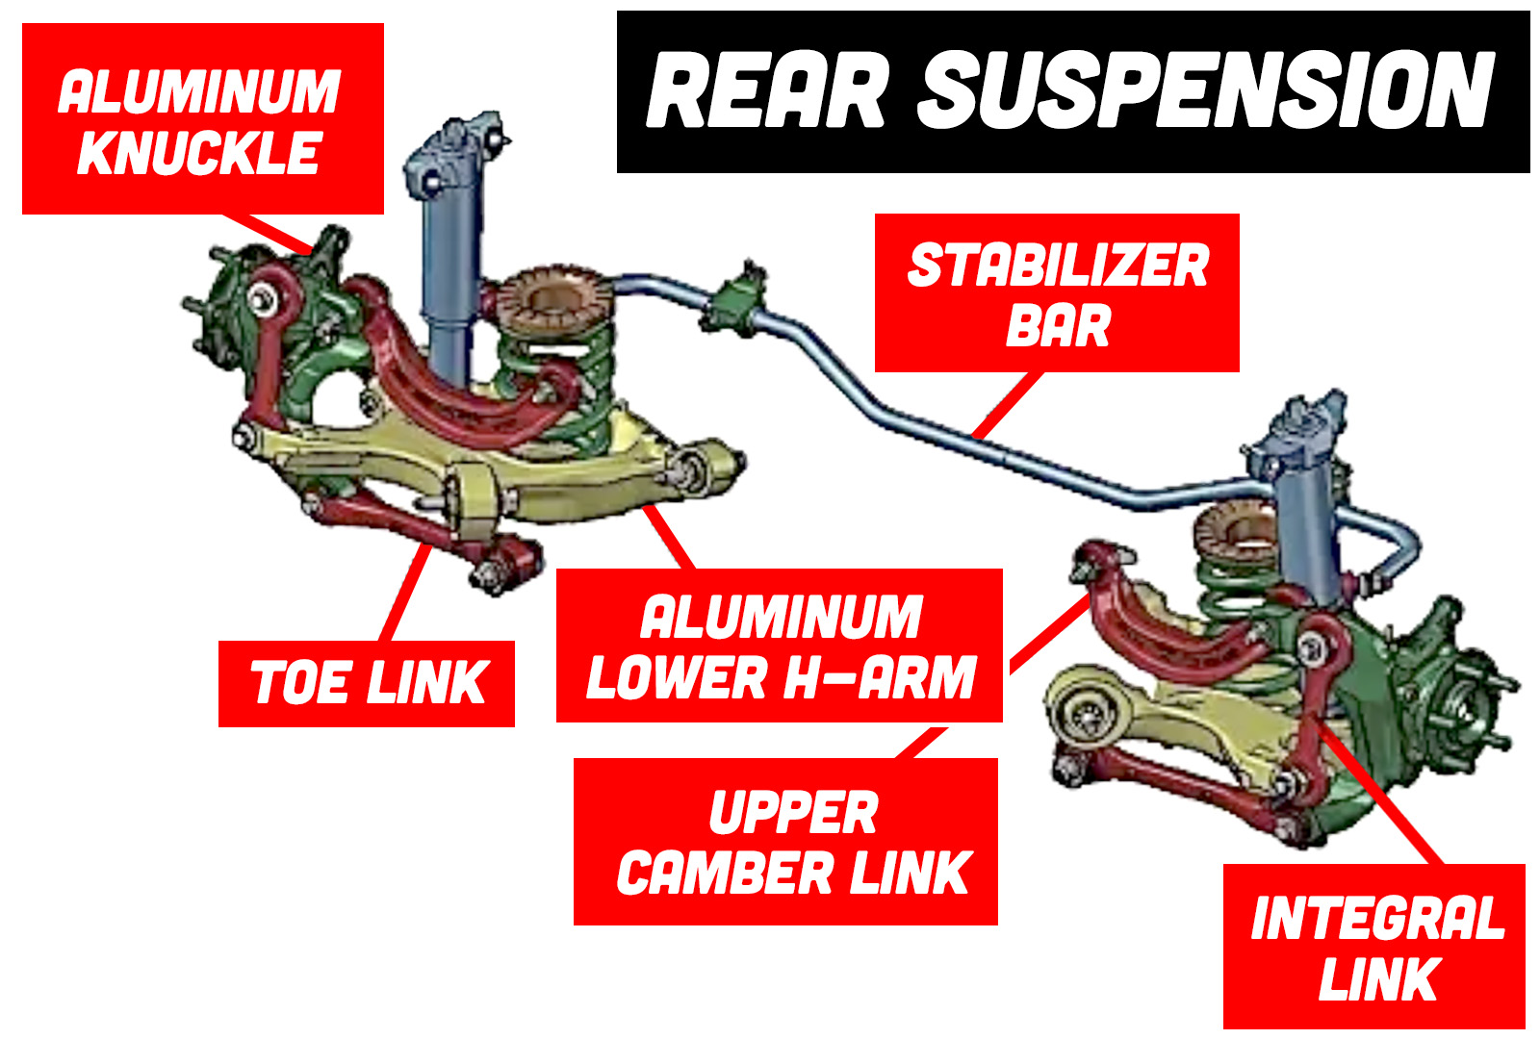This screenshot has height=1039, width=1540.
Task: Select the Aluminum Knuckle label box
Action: (x=202, y=119)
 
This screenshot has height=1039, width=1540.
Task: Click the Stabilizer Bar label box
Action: (x=1057, y=293)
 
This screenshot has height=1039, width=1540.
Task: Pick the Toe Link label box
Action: (x=367, y=683)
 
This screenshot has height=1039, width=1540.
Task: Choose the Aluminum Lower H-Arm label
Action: (x=780, y=646)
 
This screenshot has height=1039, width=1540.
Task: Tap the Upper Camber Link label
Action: (x=785, y=842)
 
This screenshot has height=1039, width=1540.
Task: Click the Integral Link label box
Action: (x=1374, y=947)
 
